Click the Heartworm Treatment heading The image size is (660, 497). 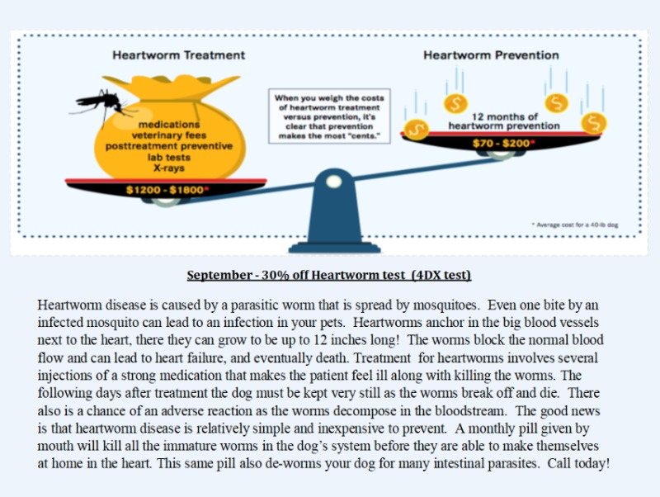click(x=178, y=55)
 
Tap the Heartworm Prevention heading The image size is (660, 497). click(x=491, y=55)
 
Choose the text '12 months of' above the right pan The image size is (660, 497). click(x=504, y=116)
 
